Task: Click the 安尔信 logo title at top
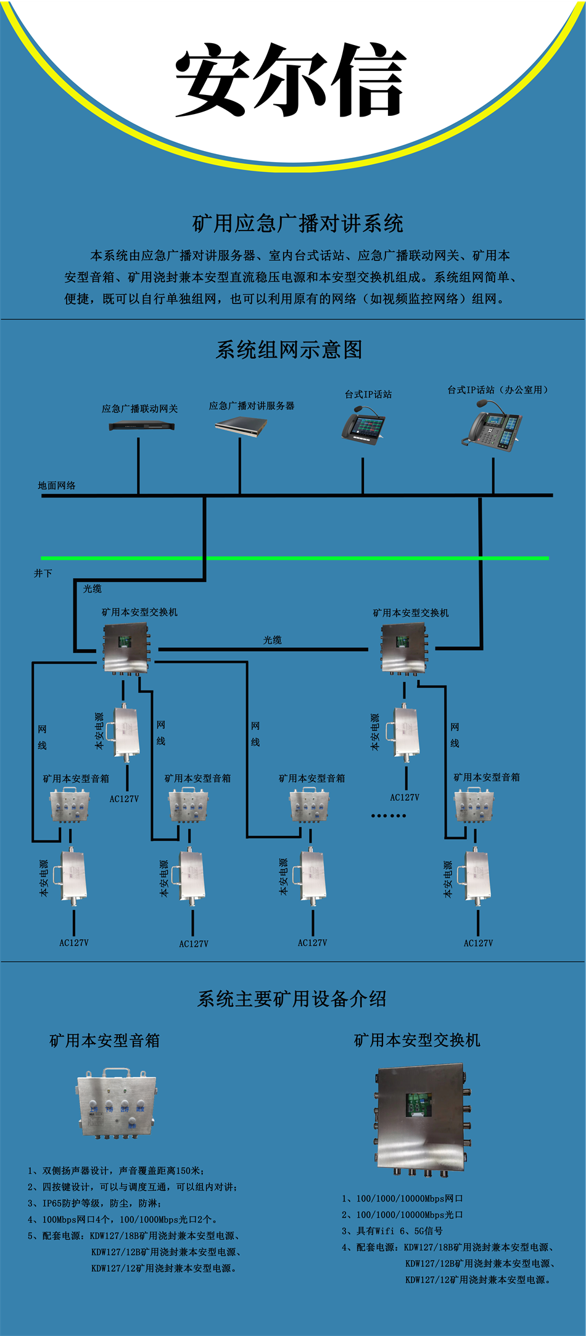pyautogui.click(x=291, y=80)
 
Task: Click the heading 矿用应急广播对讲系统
pyautogui.click(x=297, y=223)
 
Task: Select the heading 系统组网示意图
pyautogui.click(x=289, y=350)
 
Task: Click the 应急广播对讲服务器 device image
pyautogui.click(x=241, y=425)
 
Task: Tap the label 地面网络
pyautogui.click(x=57, y=486)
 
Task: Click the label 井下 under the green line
pyautogui.click(x=43, y=573)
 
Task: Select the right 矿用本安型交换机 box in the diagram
pyautogui.click(x=404, y=648)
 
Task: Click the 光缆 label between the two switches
pyautogui.click(x=273, y=640)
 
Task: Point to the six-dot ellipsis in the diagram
pyautogui.click(x=389, y=816)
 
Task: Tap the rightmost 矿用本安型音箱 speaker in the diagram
pyautogui.click(x=474, y=805)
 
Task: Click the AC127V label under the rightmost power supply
pyautogui.click(x=478, y=943)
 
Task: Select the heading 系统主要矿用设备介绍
pyautogui.click(x=292, y=999)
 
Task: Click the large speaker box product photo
pyautogui.click(x=117, y=1104)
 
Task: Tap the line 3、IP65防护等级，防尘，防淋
pyautogui.click(x=94, y=1203)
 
